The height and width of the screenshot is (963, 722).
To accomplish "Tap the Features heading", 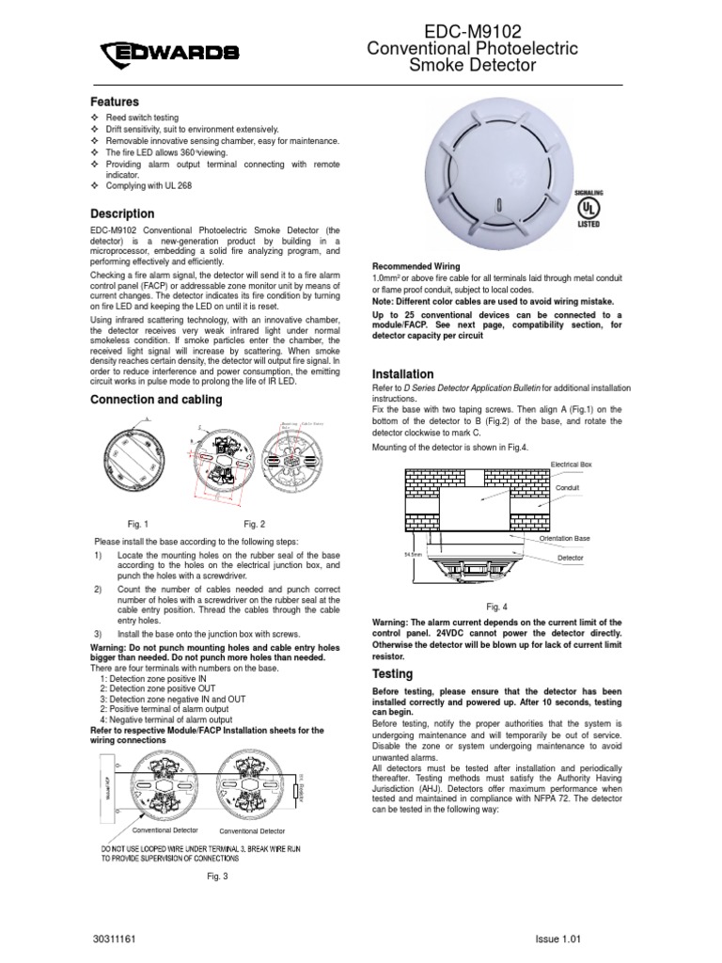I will point(115,102).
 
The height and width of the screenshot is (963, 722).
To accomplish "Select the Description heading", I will point(122,214).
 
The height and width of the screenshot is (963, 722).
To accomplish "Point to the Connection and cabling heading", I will point(156,400).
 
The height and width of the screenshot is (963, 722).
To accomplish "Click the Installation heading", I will point(404,374).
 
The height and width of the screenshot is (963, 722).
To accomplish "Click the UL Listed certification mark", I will point(589,209).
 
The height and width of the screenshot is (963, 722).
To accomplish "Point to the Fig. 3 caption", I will point(218,876).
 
